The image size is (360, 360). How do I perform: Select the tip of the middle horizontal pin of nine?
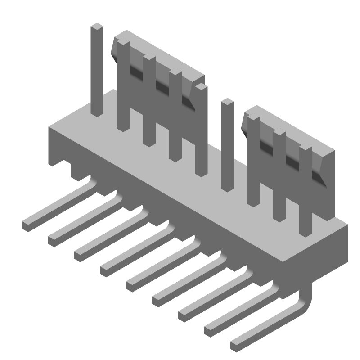tap(131, 284)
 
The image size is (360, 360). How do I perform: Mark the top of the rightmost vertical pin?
tap(306, 148)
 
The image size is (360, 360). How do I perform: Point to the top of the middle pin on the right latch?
tap(279, 133)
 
